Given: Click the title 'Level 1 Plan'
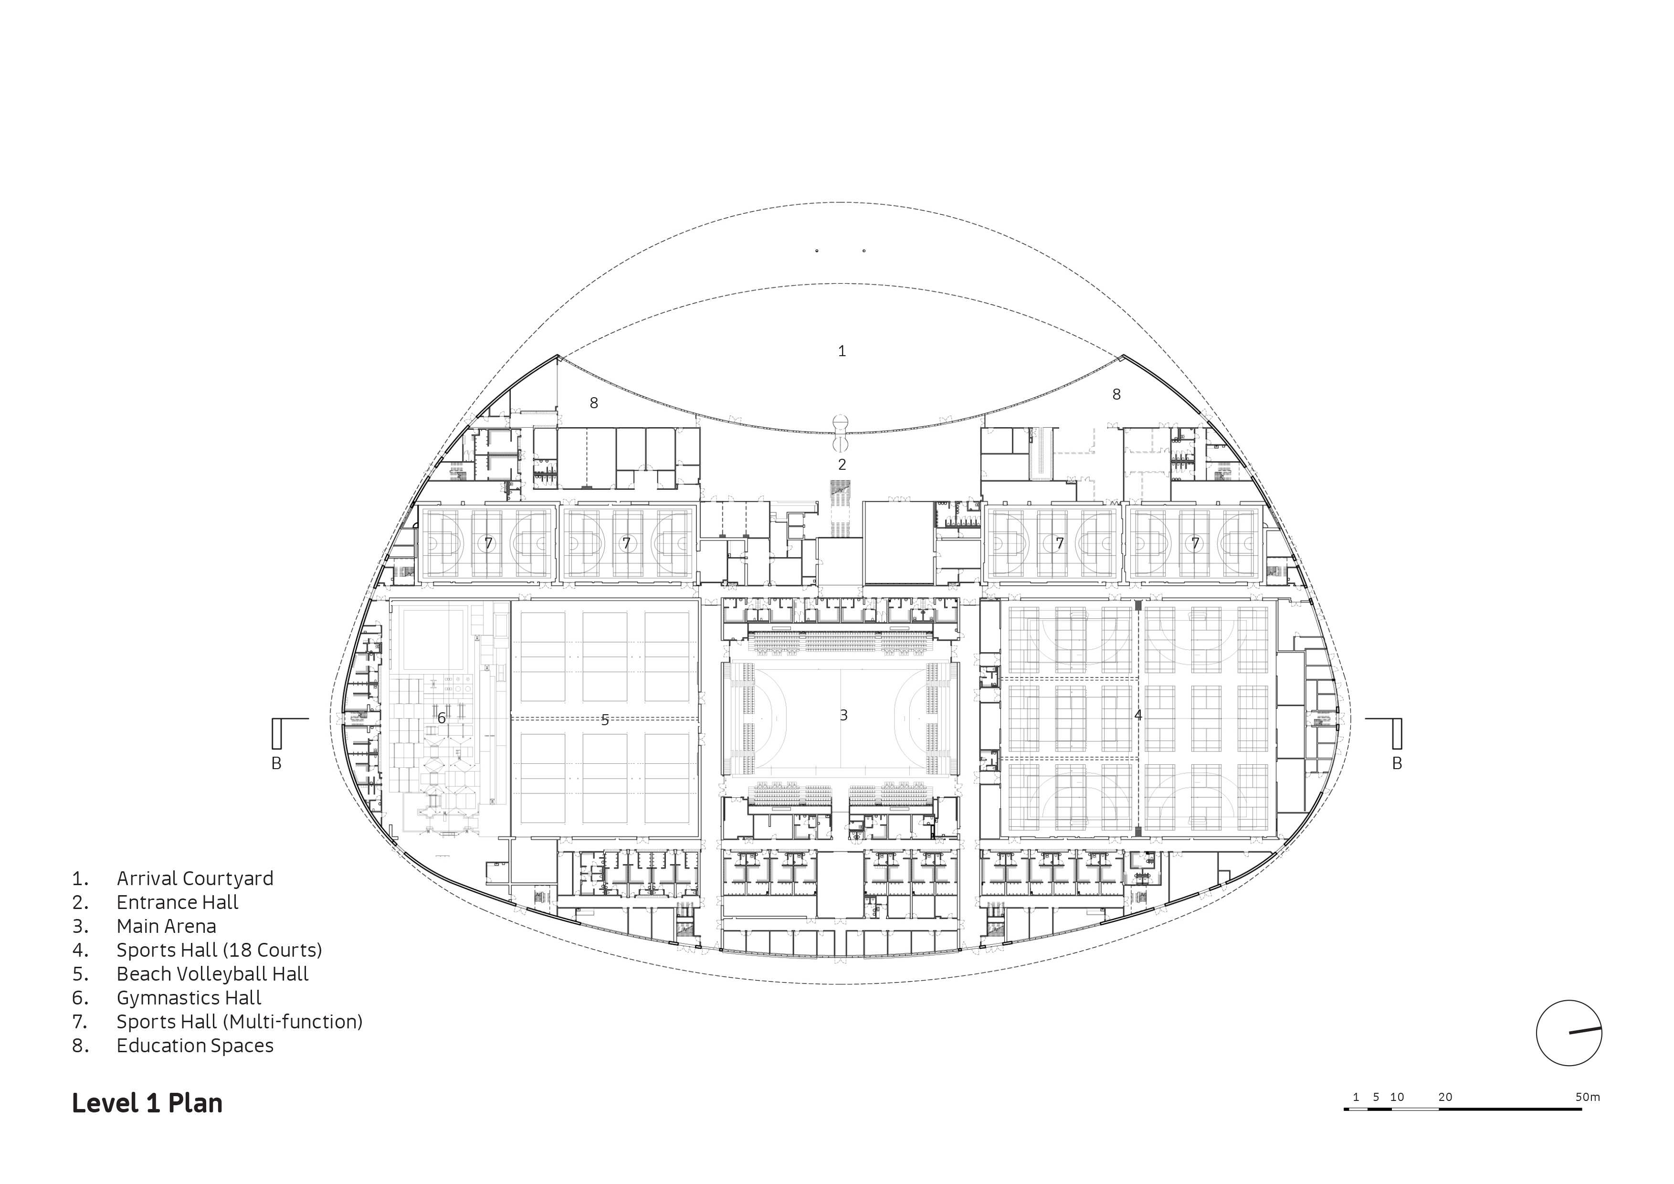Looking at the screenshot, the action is tap(147, 1103).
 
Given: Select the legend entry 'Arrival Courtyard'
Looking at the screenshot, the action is tap(195, 878).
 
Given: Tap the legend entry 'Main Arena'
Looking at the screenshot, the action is tap(166, 926).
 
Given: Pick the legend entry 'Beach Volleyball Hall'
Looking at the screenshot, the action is tap(212, 974).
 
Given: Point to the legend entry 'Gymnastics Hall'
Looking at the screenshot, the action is tap(189, 998).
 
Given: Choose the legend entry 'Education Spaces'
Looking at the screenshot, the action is tap(195, 1046).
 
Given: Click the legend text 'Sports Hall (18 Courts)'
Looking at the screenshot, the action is tap(219, 950).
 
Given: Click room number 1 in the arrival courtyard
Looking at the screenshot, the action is tap(842, 351).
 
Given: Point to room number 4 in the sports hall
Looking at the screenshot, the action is tap(1138, 715).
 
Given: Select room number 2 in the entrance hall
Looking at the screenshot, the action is tap(842, 465).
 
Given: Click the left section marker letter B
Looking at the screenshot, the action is tap(276, 763).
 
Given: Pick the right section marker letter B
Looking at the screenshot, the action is tap(1397, 763).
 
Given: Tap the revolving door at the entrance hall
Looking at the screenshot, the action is tap(842, 433).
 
